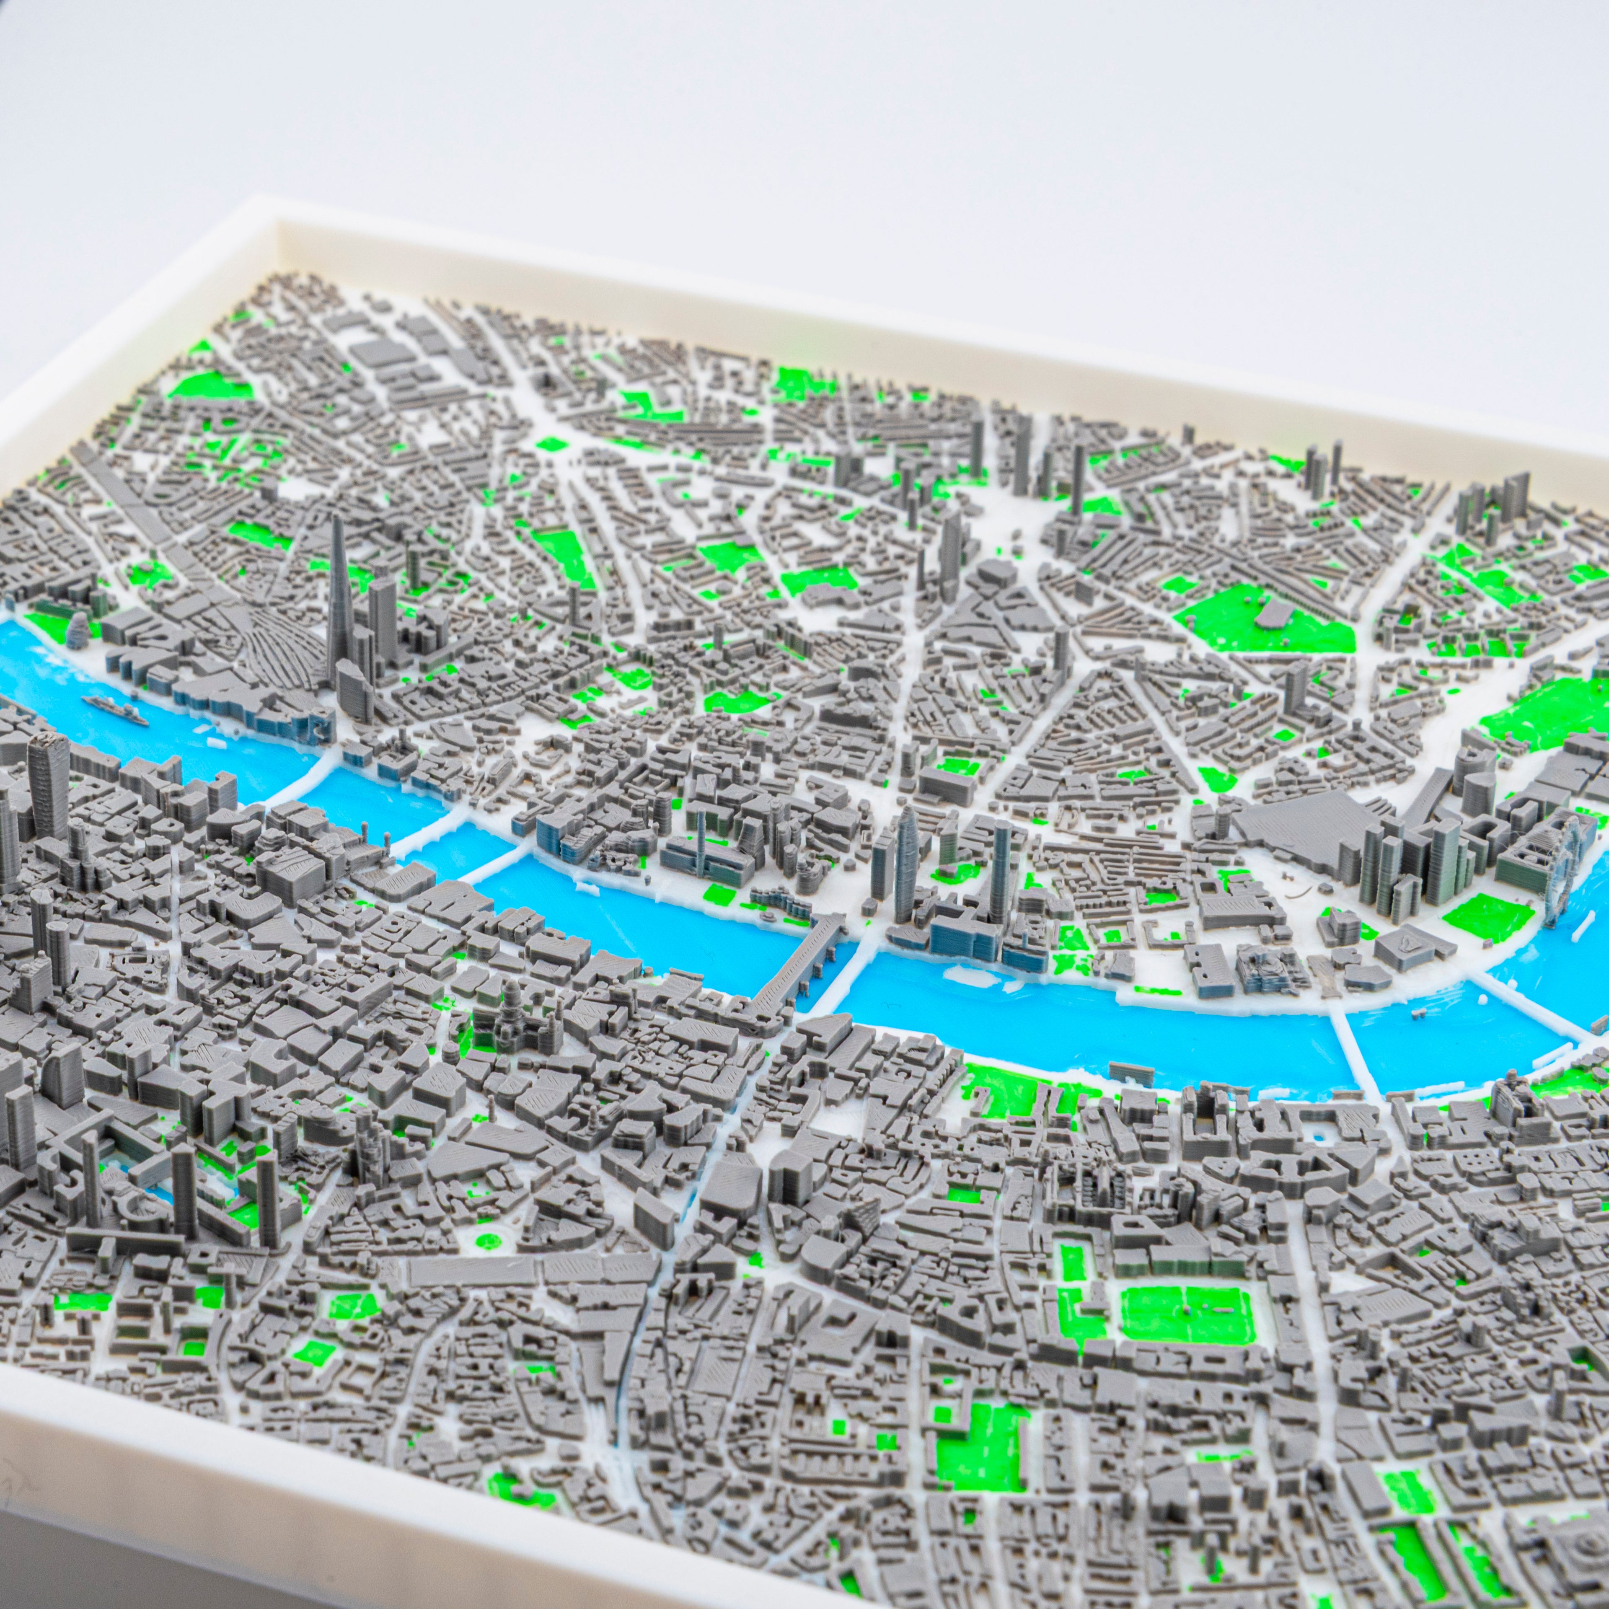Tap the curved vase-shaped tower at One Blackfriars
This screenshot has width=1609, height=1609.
click(906, 849)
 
